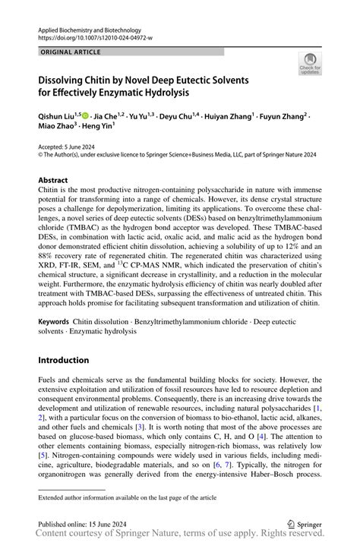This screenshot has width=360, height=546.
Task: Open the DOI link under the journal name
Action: click(x=95, y=36)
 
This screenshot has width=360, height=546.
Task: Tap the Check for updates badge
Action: click(x=310, y=65)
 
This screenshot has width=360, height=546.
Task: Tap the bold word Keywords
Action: click(x=56, y=322)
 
